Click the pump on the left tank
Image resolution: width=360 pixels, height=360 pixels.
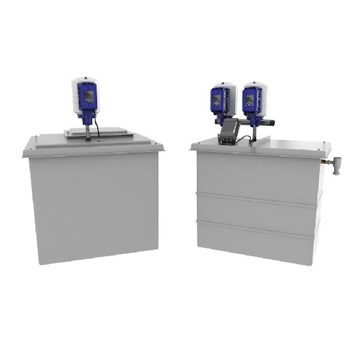point(85,100)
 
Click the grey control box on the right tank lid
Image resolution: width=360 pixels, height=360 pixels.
point(228,132)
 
